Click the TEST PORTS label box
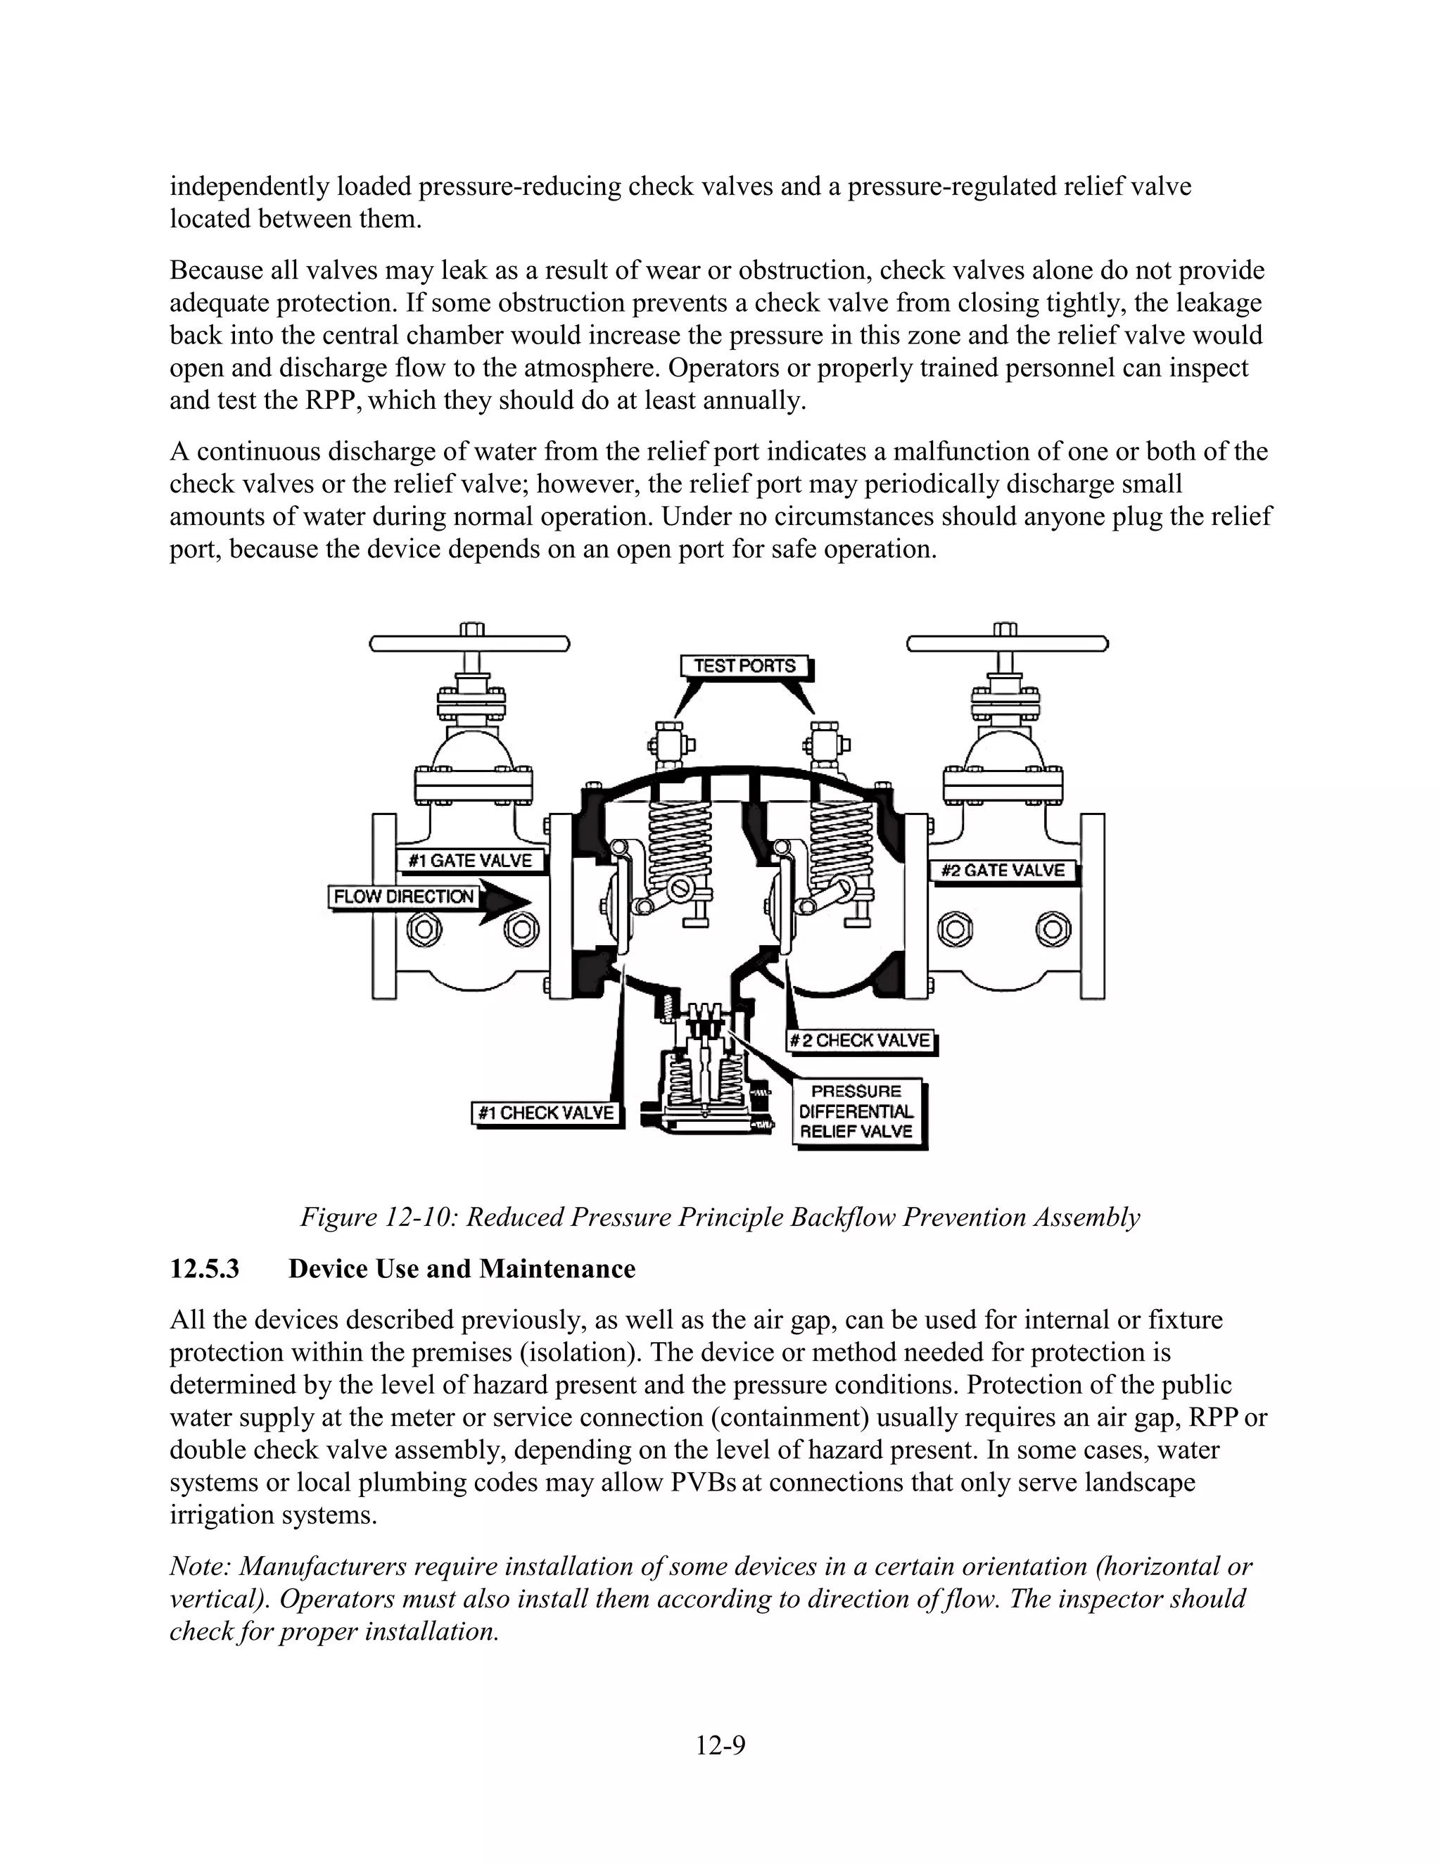(744, 665)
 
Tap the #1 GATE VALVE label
(471, 860)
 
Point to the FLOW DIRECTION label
(403, 897)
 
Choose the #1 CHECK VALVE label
(545, 1113)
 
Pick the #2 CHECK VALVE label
(859, 1040)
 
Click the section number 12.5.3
(205, 1269)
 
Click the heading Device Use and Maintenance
(462, 1269)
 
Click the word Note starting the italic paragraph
(200, 1567)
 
